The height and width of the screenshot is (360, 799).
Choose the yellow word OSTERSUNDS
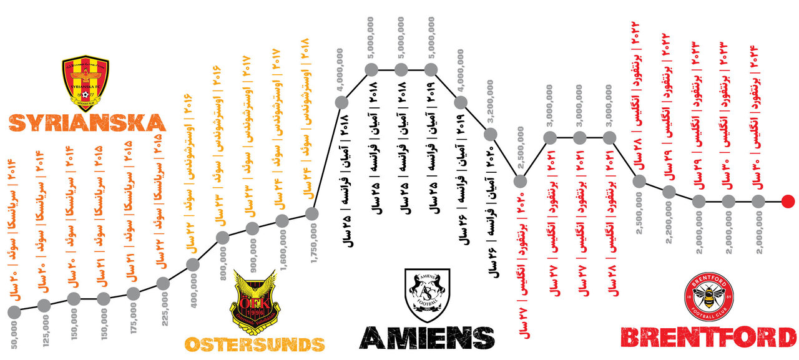255,344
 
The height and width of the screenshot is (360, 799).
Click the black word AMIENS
428,338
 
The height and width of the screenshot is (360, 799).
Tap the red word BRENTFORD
709,338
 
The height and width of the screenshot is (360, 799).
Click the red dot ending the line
788,201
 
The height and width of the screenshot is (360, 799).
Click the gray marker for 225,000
163,284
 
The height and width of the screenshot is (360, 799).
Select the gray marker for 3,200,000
490,134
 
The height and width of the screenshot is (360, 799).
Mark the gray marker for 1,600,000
282,220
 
